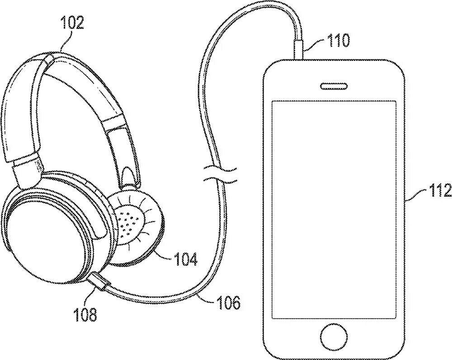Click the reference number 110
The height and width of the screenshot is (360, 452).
pos(339,41)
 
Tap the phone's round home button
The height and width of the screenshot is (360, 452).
pos(334,336)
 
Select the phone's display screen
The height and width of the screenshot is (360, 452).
pos(334,208)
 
